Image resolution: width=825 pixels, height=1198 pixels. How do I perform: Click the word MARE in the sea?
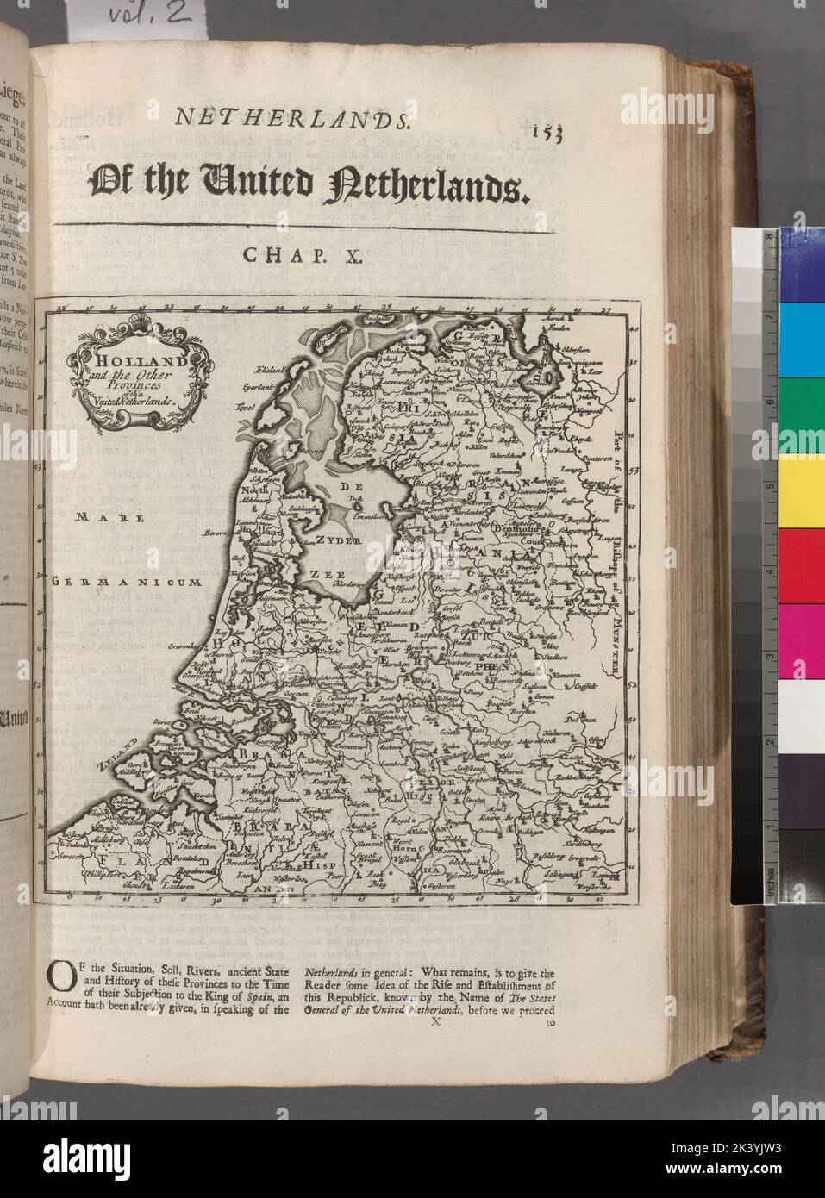coord(96,517)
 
